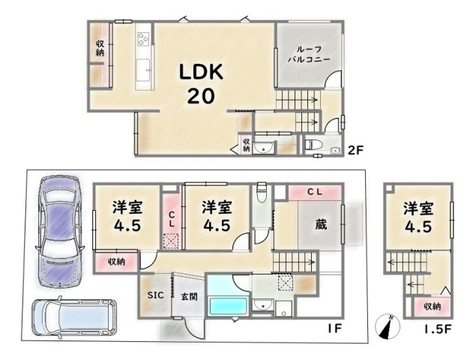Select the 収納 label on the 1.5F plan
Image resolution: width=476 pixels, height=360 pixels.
coord(431,306)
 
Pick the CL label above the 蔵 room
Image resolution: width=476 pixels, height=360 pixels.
coord(315,193)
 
